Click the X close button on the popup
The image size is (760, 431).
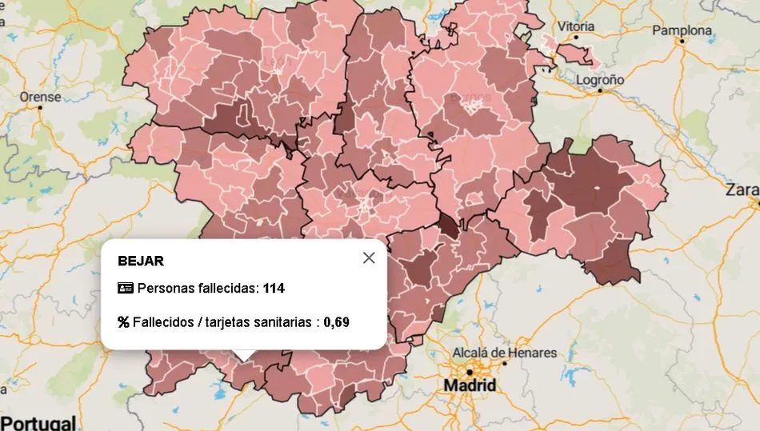click(x=369, y=257)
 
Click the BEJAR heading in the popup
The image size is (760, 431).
click(x=141, y=261)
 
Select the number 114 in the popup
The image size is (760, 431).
click(x=274, y=288)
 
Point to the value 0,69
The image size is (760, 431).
click(x=337, y=322)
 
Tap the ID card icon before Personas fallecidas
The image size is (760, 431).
click(x=125, y=288)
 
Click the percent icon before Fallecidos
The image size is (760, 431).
click(x=123, y=322)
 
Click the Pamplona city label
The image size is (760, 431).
click(x=682, y=30)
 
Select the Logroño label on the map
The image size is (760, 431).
click(x=600, y=80)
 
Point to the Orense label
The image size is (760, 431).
click(x=40, y=97)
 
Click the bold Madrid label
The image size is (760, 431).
click(x=470, y=385)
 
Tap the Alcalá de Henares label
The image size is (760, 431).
click(x=505, y=353)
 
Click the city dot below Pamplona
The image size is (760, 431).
click(x=682, y=41)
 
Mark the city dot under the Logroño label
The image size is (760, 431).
click(x=600, y=91)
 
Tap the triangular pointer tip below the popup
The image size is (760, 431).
click(x=243, y=358)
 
